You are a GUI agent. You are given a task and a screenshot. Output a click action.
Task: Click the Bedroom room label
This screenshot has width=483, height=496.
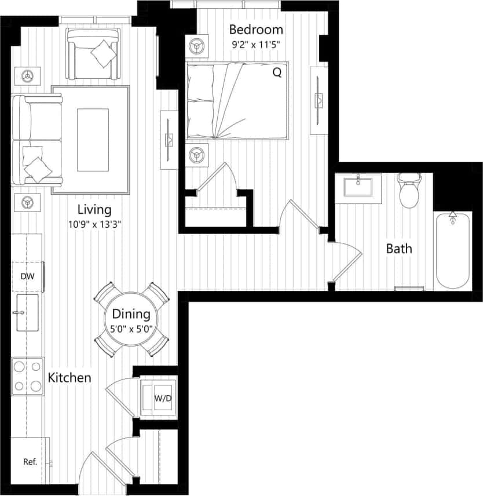256,30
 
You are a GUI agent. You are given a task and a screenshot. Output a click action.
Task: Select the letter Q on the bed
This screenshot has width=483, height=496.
277,73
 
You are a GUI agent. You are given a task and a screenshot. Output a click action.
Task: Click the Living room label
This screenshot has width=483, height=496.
94,210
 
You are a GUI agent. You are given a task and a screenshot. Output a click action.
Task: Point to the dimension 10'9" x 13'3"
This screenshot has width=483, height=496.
94,223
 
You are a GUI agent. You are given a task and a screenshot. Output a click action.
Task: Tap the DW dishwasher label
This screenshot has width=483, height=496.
27,276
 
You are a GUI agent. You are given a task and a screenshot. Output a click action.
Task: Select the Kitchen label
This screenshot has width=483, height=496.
69,378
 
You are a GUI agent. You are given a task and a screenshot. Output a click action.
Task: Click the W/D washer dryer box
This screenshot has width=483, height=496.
158,398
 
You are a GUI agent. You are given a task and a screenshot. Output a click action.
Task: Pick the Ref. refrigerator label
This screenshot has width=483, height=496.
30,462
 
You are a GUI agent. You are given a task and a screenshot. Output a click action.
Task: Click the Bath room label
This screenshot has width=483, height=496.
400,249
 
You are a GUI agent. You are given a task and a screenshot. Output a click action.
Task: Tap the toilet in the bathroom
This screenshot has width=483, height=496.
410,191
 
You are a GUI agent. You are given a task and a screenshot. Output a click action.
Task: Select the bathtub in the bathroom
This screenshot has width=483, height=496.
453,250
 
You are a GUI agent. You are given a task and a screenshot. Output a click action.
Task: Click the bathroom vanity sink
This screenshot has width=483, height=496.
358,187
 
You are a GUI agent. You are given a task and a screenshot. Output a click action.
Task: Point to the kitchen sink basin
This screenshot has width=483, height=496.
27,313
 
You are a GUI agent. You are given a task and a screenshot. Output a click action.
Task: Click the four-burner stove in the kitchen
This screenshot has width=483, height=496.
27,375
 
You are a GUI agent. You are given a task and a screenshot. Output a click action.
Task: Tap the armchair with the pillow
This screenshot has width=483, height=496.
94,53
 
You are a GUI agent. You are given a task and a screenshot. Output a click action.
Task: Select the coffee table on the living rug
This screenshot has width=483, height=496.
93,140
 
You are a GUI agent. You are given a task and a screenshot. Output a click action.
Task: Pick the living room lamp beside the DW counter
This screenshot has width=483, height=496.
27,202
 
